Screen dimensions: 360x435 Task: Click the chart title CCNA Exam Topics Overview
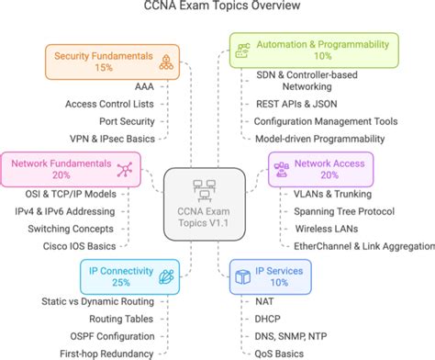tap(217, 8)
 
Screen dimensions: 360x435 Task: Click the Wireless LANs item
tap(323, 229)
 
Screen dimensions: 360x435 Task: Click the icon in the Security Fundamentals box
tap(166, 62)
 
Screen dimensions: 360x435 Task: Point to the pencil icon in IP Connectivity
tap(166, 276)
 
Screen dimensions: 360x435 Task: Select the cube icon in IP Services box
tap(241, 276)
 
